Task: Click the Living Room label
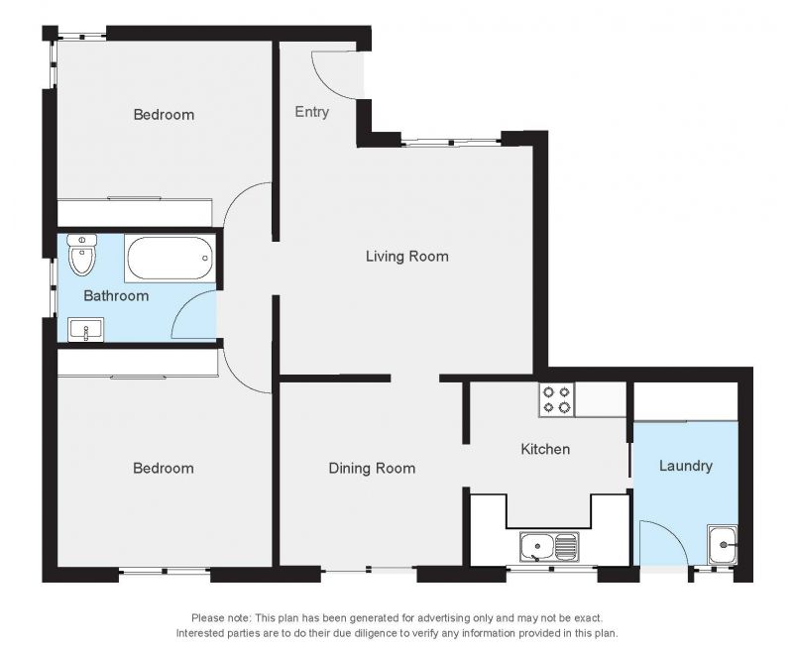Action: (407, 257)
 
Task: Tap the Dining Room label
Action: (373, 468)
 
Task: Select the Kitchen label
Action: (545, 449)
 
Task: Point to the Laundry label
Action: (686, 466)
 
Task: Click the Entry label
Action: (312, 112)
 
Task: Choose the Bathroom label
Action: (116, 295)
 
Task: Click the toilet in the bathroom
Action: (82, 255)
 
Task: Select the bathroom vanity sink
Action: (85, 330)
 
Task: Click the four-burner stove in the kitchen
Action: (556, 399)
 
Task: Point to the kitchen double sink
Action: (548, 547)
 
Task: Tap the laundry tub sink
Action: (723, 544)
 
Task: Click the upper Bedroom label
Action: (164, 115)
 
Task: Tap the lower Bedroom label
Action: (164, 468)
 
